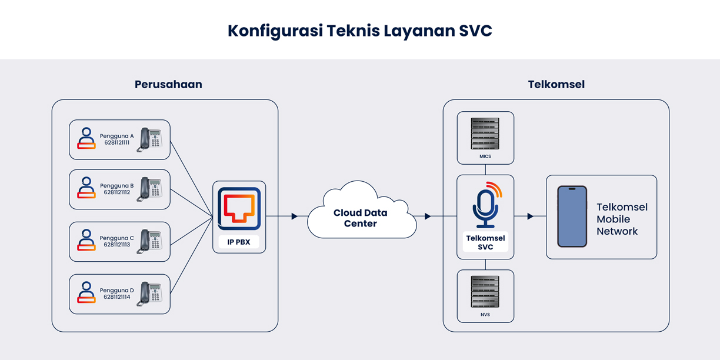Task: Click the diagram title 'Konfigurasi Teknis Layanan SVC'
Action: pos(359,31)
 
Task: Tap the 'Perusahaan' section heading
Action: pos(168,84)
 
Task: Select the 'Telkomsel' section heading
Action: pos(556,84)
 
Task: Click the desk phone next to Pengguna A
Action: pos(150,140)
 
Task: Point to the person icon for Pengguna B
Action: pos(86,188)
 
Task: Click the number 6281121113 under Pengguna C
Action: pos(117,245)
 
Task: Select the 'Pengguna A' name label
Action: pos(116,136)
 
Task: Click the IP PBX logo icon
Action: pos(239,209)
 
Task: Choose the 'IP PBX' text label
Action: pos(239,242)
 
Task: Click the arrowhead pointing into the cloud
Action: pos(295,216)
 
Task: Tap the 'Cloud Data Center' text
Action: pos(361,218)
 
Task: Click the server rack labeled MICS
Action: pos(485,134)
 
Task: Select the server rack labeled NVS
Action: pos(485,291)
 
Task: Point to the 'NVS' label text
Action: pos(485,315)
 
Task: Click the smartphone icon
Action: pos(572,216)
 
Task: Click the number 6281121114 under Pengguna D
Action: pos(117,297)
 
